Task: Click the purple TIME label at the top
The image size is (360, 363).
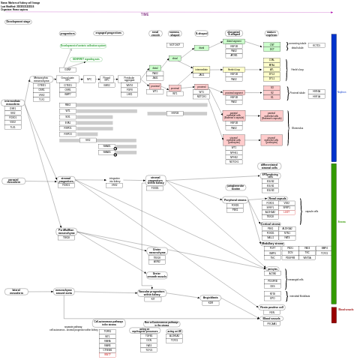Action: pyautogui.click(x=145, y=14)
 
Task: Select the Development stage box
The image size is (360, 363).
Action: pyautogui.click(x=18, y=22)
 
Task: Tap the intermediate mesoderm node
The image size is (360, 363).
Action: pyautogui.click(x=13, y=102)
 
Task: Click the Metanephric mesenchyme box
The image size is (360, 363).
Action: pyautogui.click(x=41, y=79)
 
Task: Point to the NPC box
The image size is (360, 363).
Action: pyautogui.click(x=89, y=79)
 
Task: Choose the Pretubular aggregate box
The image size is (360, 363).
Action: pyautogui.click(x=130, y=79)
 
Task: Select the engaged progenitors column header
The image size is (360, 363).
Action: pyautogui.click(x=108, y=33)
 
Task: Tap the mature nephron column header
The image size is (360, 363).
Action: pyautogui.click(x=271, y=34)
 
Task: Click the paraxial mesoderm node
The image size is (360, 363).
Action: pyautogui.click(x=13, y=181)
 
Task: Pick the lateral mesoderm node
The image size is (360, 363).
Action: pyautogui.click(x=16, y=291)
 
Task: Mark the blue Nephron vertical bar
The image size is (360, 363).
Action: pyautogui.click(x=334, y=97)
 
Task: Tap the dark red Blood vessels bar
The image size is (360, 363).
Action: pyautogui.click(x=334, y=315)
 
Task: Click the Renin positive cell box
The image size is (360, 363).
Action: pyautogui.click(x=271, y=307)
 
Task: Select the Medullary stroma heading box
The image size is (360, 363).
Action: pyautogui.click(x=272, y=243)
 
